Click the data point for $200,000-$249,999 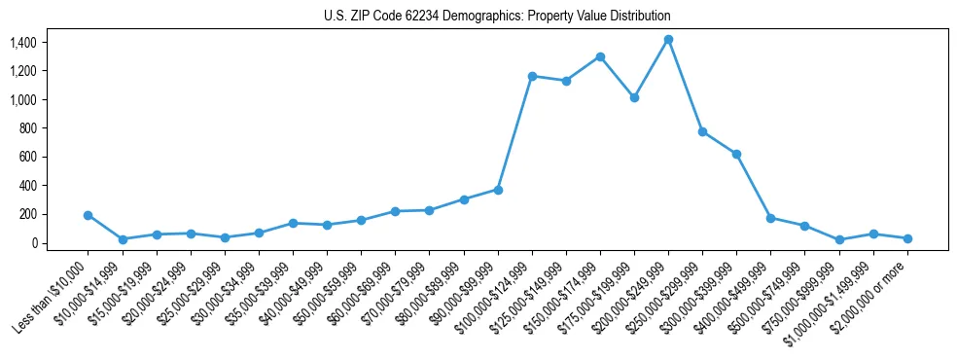(668, 40)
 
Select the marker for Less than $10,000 (89, 215)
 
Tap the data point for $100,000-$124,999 (532, 76)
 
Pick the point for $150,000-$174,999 (600, 56)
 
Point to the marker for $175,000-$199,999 (634, 97)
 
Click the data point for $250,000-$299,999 (702, 131)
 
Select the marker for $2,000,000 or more (907, 238)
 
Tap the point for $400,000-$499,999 (770, 218)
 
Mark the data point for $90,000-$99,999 (498, 190)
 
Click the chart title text (497, 17)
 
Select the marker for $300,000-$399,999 (736, 154)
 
